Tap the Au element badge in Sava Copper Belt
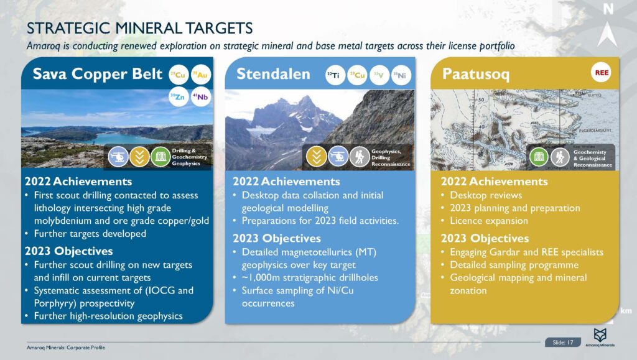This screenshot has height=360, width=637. point(200,75)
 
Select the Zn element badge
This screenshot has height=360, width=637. point(179,96)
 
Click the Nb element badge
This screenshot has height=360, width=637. point(200,96)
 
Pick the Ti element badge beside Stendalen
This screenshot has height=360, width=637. point(335,75)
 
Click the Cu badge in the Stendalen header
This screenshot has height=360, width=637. point(356,75)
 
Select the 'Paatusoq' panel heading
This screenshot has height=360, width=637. point(475,75)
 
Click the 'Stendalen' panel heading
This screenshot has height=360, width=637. point(273,75)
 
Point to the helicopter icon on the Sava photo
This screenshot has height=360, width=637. point(118,156)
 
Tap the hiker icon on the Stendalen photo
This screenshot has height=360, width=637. point(360,156)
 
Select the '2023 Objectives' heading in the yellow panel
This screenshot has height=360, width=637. point(485,238)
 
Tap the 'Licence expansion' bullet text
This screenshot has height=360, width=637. point(489,221)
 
